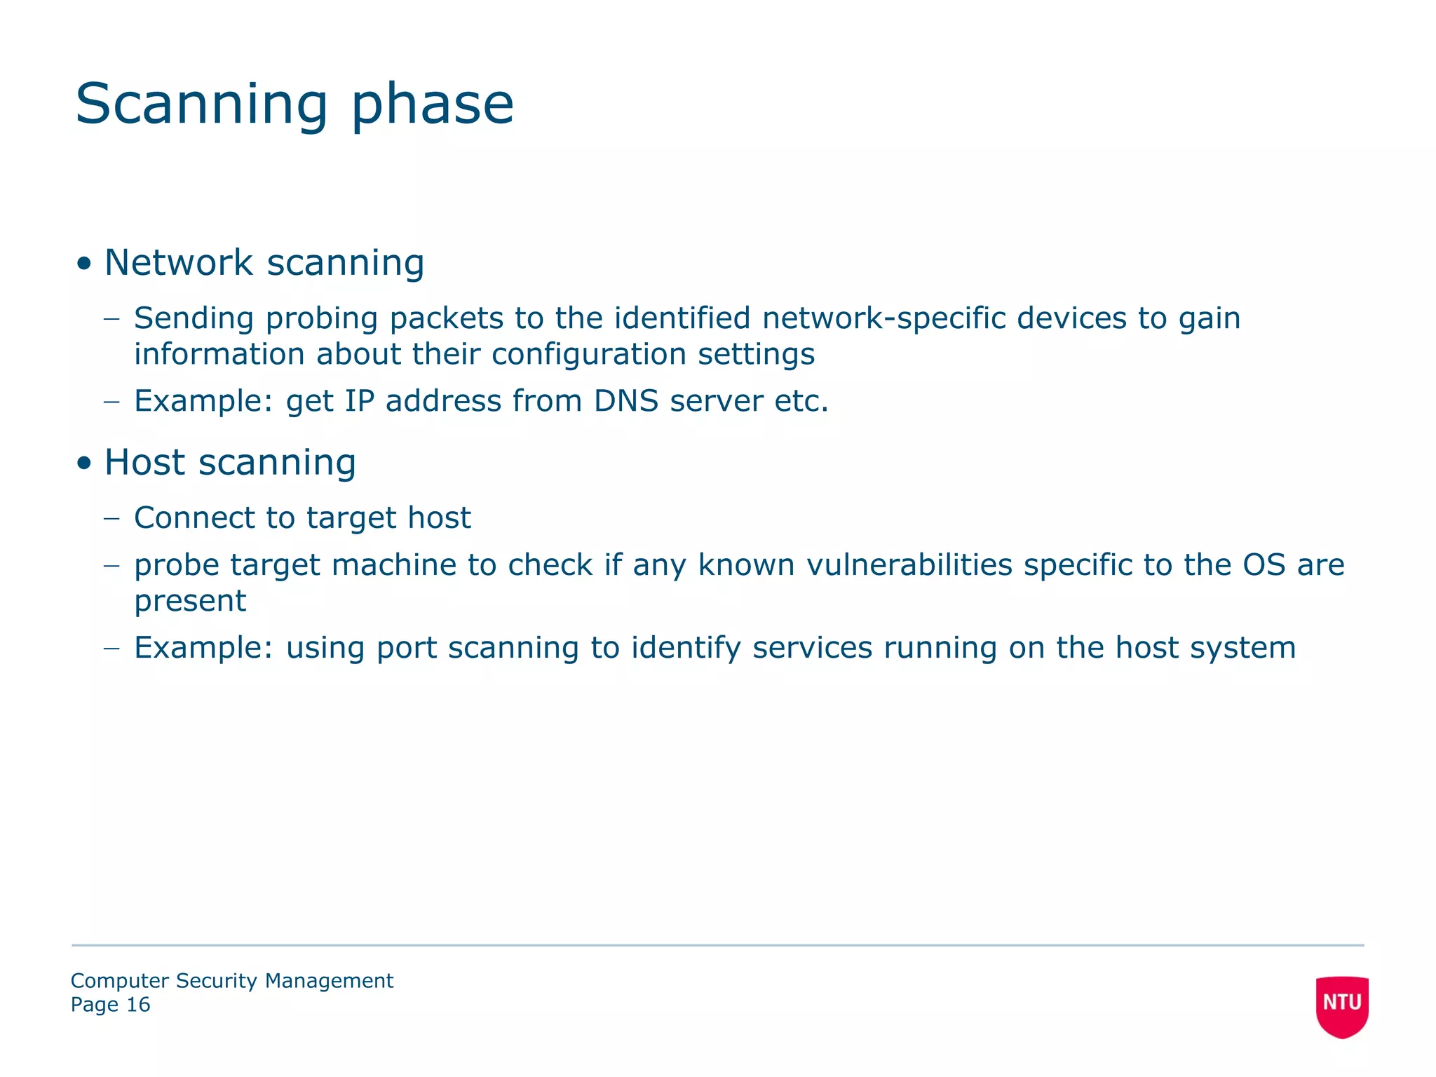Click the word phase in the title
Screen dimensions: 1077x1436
click(432, 105)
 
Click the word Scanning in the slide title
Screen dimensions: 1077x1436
click(201, 105)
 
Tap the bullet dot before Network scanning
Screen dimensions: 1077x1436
click(85, 264)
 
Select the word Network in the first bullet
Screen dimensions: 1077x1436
click(178, 262)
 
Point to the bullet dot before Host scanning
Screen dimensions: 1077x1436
click(85, 463)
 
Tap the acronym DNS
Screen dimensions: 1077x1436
click(625, 401)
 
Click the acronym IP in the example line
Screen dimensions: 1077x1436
click(359, 401)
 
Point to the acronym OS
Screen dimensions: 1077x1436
click(1264, 564)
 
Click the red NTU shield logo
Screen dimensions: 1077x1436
click(1341, 1005)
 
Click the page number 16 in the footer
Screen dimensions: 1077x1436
click(138, 1005)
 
